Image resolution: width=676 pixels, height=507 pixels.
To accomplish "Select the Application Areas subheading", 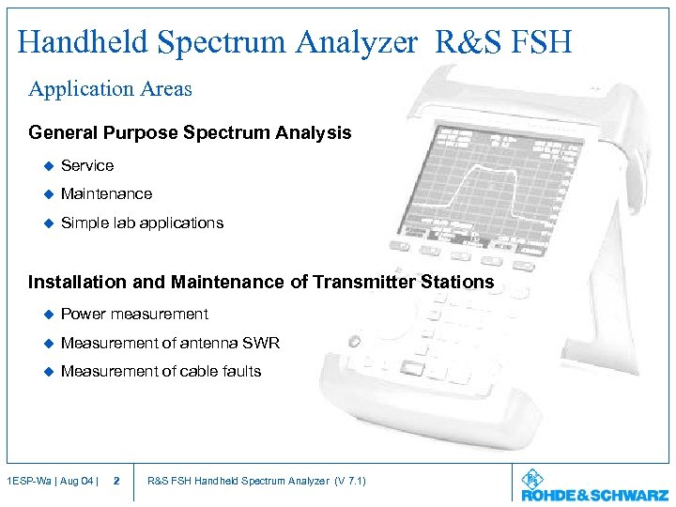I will tap(110, 89).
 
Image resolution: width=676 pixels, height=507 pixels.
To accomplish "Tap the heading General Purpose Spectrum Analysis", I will tap(190, 133).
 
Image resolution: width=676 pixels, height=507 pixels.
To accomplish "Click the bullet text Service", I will tap(87, 166).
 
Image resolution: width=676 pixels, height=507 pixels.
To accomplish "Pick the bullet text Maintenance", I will tap(106, 194).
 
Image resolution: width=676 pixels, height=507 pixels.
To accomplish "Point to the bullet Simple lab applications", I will tap(142, 223).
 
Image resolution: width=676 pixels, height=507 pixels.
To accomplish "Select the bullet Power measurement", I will tap(134, 315).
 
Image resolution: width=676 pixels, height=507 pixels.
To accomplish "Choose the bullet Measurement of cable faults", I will tap(161, 372).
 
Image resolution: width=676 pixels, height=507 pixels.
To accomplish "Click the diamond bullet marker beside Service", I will tap(44, 166).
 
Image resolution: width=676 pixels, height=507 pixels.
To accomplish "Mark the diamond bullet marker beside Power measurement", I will tap(44, 315).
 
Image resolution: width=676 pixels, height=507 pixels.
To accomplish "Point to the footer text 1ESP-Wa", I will tap(26, 482).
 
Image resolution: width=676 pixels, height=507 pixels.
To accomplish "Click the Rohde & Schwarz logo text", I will tap(594, 495).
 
